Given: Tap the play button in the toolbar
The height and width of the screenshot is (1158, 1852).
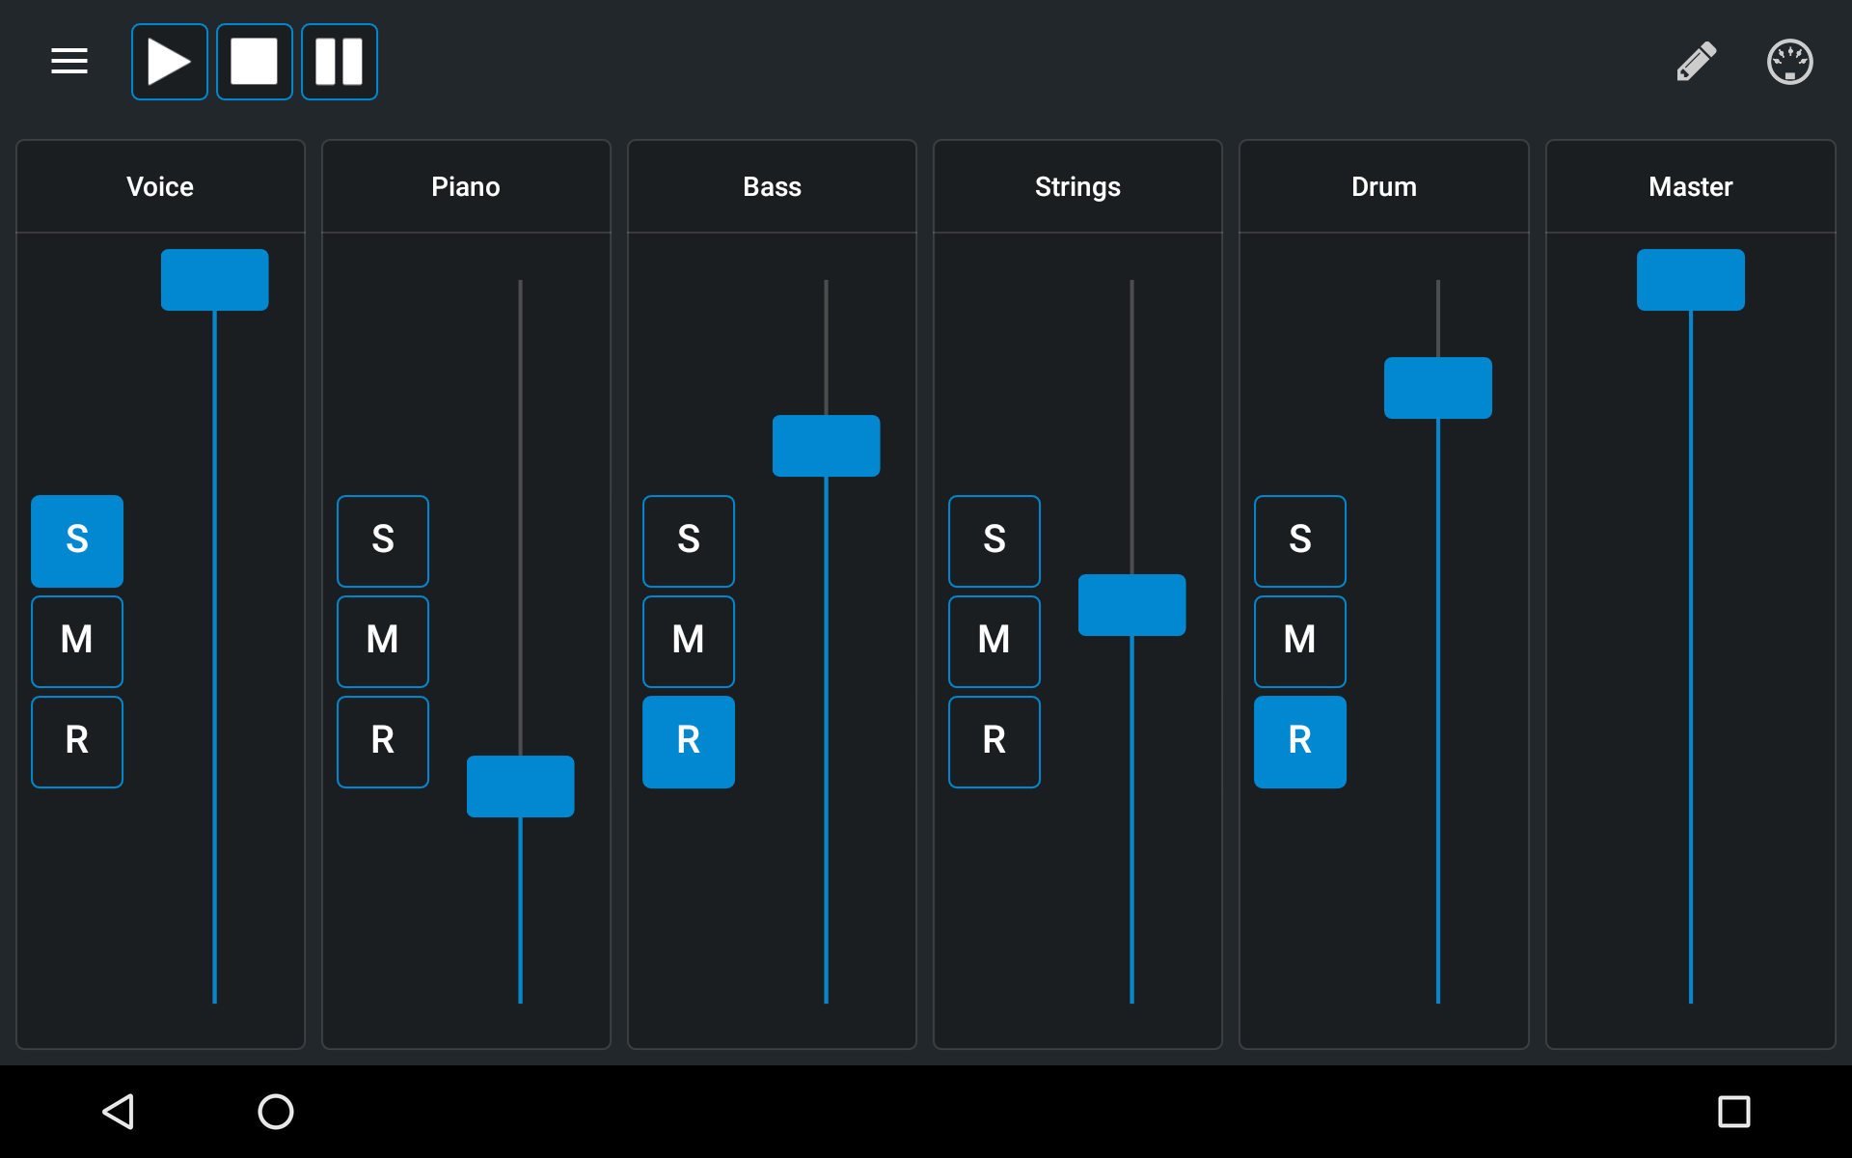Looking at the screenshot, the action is click(170, 62).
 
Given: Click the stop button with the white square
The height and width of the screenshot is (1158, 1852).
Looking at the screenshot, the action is click(255, 62).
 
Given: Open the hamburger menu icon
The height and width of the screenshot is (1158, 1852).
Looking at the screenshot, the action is click(69, 62).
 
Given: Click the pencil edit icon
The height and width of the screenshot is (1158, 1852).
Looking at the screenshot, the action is click(1697, 62).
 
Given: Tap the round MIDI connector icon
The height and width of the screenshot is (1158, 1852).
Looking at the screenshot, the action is click(1789, 62).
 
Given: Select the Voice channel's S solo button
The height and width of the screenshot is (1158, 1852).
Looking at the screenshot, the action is click(77, 541).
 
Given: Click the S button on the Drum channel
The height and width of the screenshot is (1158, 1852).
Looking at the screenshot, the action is click(1300, 541).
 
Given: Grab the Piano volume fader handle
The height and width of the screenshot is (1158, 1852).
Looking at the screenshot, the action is click(521, 786).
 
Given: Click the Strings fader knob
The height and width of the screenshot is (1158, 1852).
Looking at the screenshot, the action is click(1132, 605).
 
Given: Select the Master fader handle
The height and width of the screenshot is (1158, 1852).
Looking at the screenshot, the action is click(1691, 280).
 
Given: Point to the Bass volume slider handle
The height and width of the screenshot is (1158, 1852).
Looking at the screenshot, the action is click(827, 446).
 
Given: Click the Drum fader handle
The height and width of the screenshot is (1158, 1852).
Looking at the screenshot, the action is click(1438, 388).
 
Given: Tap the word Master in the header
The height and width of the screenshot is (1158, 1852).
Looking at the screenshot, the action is click(1691, 186).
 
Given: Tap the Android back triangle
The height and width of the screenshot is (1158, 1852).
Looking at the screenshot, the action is click(118, 1112).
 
